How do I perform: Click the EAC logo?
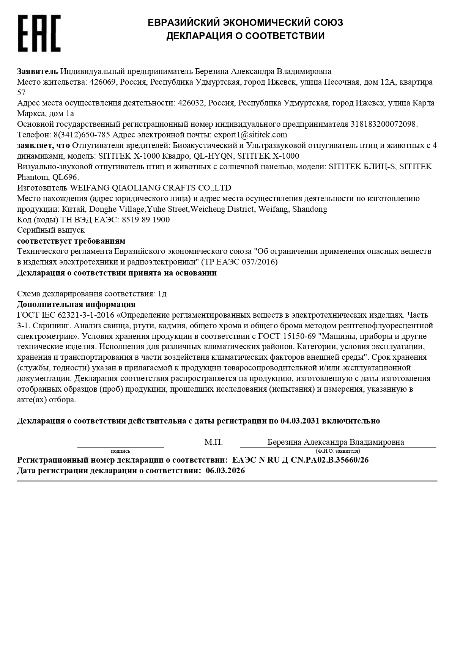click(x=39, y=33)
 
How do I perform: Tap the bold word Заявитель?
click(x=38, y=71)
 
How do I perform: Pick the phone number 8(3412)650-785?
click(x=82, y=135)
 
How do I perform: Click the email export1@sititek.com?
click(x=250, y=135)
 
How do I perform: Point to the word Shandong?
click(x=309, y=209)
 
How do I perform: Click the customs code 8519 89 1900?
click(x=146, y=220)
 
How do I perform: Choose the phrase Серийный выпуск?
click(x=51, y=230)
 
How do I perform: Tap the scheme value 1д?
click(x=162, y=294)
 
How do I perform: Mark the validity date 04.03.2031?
click(x=300, y=421)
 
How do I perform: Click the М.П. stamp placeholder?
click(x=214, y=442)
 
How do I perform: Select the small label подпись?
click(x=120, y=451)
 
